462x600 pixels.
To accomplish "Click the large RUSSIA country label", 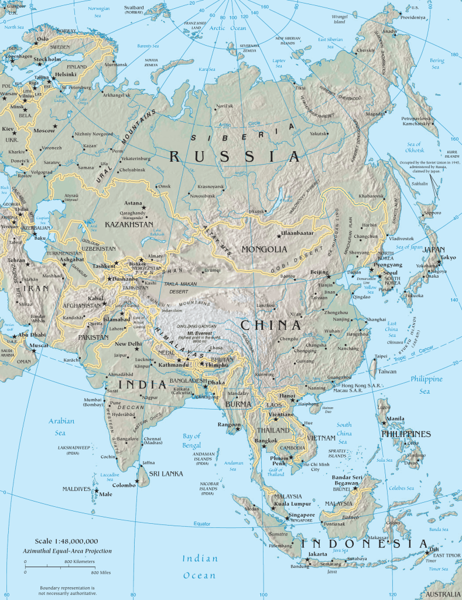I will tap(235, 156).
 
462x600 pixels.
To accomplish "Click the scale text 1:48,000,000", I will tap(66, 541).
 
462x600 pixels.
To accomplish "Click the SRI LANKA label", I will tap(166, 473).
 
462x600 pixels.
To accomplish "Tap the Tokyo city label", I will tap(448, 257).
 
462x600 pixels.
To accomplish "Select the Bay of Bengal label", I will tap(191, 439).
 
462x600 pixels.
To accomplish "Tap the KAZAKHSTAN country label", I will tap(129, 224).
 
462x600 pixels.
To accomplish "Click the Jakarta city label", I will tap(318, 553).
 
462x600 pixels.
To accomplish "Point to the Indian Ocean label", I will tap(200, 567).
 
